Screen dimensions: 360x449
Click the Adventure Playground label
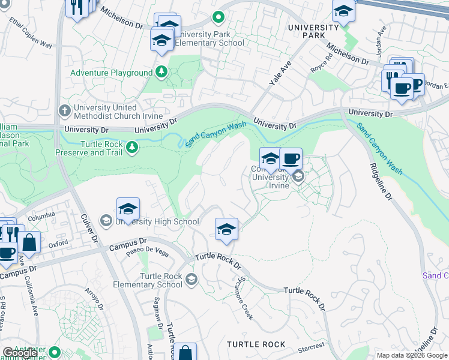click(111, 73)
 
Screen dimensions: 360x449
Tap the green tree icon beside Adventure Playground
click(161, 73)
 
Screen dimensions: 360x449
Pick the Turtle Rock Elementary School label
click(161, 280)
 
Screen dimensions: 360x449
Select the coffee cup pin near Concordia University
click(291, 160)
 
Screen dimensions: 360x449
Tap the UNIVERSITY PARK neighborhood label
click(313, 31)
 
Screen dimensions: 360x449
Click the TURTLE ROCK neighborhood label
click(256, 344)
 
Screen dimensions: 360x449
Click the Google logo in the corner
click(20, 353)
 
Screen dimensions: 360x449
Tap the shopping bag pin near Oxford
click(29, 242)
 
